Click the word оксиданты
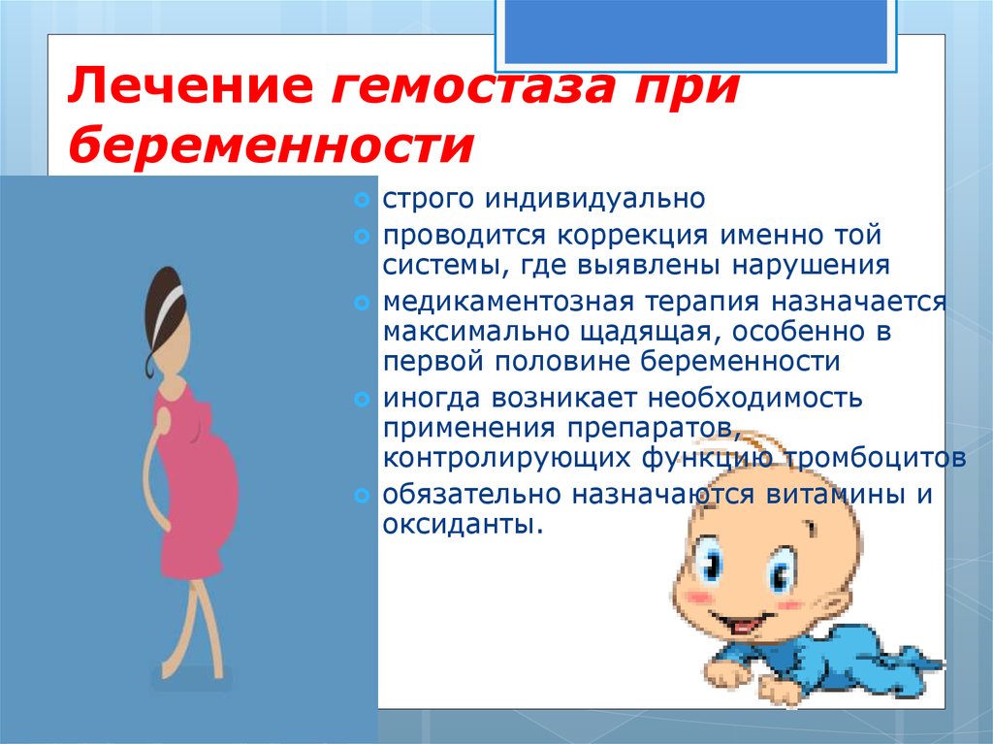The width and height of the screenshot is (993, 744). (x=458, y=524)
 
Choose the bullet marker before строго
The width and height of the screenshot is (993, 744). (x=362, y=201)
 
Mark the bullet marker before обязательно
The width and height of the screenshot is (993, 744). (x=362, y=495)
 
